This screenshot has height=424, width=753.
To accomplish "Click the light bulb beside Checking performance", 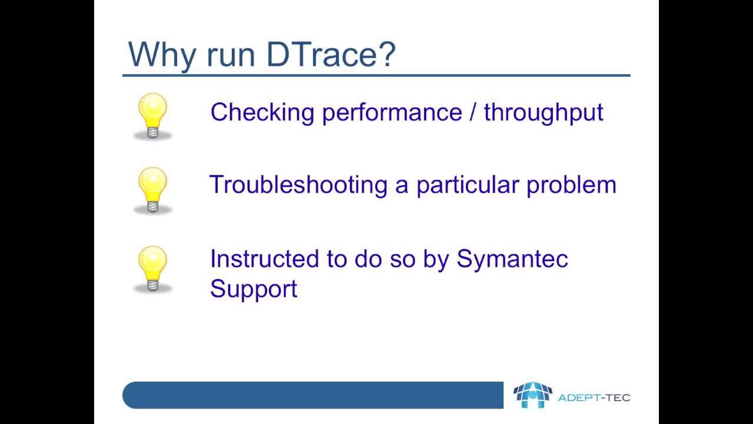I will (152, 116).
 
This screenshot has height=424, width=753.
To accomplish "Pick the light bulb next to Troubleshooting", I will (152, 189).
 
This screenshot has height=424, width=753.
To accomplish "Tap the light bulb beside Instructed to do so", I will (152, 269).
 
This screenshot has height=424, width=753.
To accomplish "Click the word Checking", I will (262, 112).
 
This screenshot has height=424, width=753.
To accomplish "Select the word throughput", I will (544, 112).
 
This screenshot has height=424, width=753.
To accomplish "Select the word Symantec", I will (512, 259).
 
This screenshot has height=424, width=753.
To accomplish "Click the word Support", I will (254, 289).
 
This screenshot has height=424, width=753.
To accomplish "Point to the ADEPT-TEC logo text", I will (594, 397).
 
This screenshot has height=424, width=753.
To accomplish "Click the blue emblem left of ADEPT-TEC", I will (532, 395).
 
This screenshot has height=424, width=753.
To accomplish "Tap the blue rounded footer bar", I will (312, 395).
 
